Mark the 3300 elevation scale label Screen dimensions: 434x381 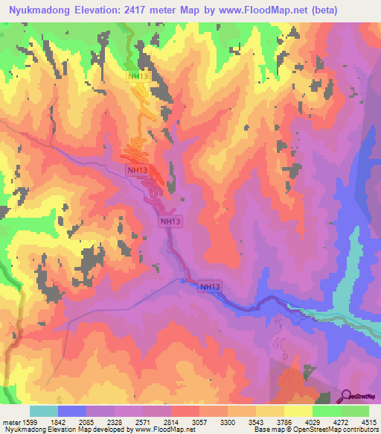pos(237,421)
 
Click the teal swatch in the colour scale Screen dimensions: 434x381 pos(44,411)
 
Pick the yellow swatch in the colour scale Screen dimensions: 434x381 pos(298,411)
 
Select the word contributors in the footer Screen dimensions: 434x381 pos(359,430)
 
